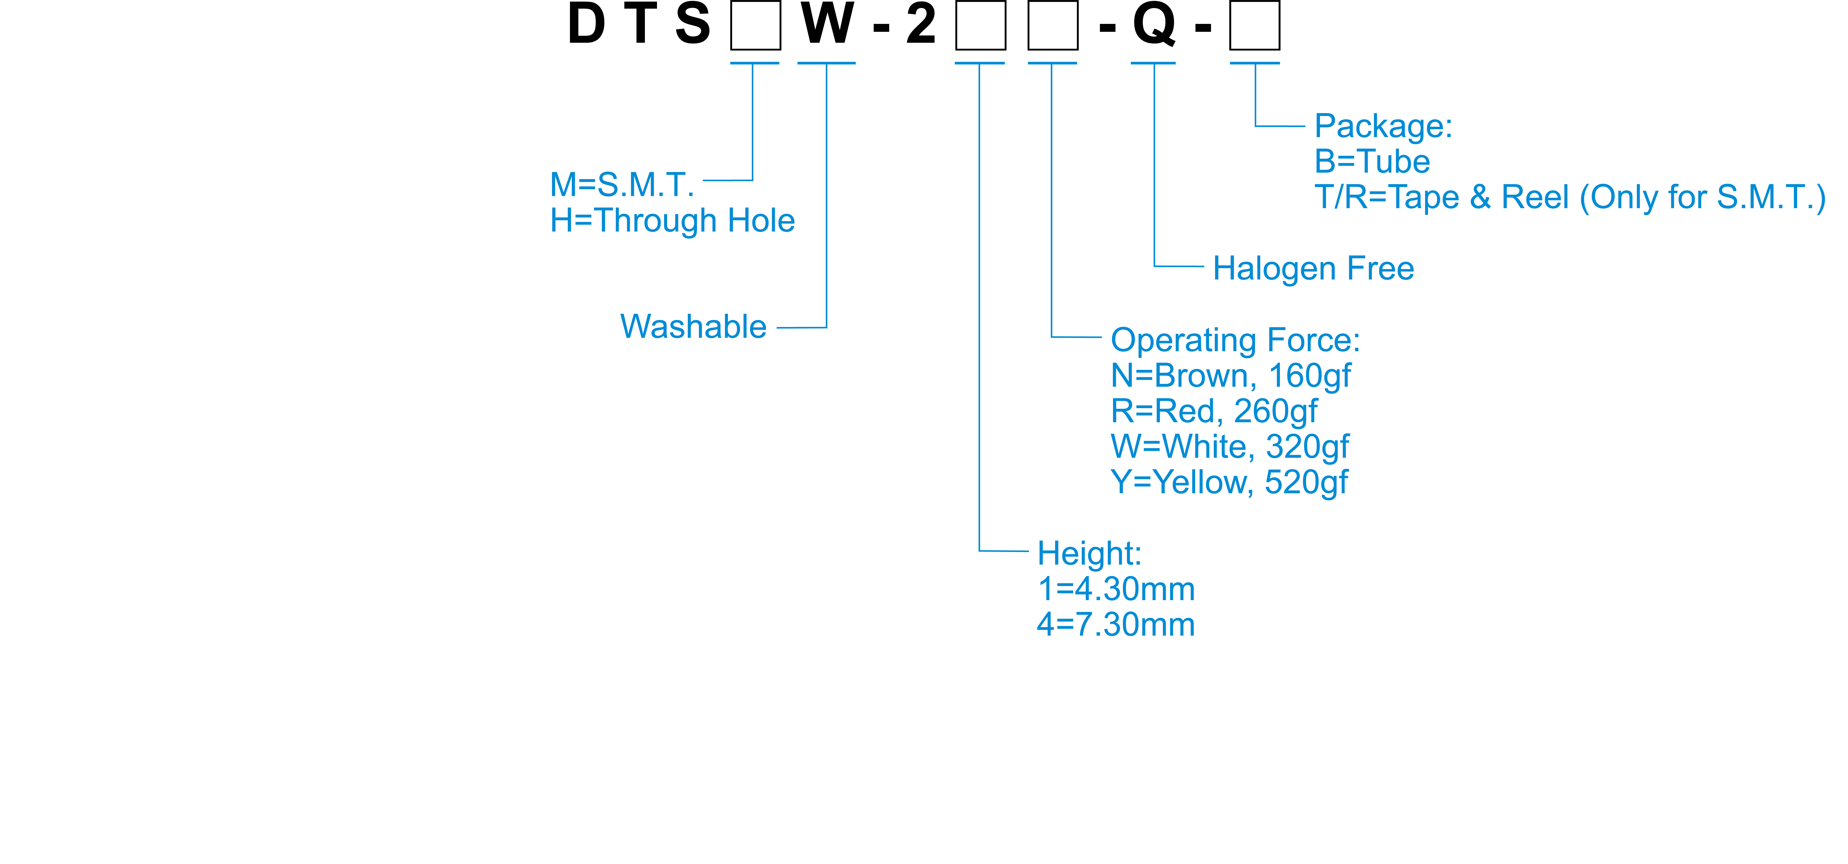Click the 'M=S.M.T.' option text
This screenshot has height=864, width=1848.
coord(622,185)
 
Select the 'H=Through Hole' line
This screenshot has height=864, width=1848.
coord(672,221)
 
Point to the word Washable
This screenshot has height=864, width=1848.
coord(693,327)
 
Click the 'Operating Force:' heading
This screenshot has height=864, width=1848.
coord(1235,340)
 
